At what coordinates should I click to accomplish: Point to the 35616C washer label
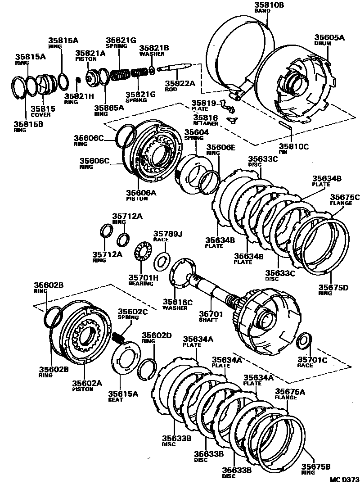(x=177, y=304)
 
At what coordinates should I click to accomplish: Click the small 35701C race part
(x=305, y=340)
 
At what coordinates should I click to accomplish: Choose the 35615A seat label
(x=123, y=396)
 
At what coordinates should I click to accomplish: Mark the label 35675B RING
(x=316, y=470)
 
